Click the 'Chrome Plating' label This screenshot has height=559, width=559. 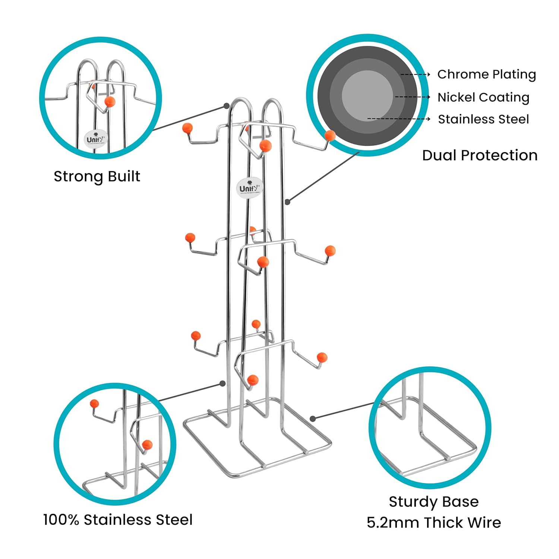click(x=486, y=75)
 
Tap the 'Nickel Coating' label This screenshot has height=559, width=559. click(x=483, y=97)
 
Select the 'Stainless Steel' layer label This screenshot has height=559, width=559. click(x=483, y=119)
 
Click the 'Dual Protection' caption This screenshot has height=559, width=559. click(x=480, y=155)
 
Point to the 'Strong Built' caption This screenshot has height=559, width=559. click(x=97, y=176)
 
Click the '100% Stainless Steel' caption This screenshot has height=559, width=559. click(x=118, y=519)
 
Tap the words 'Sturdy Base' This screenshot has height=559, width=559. click(x=434, y=502)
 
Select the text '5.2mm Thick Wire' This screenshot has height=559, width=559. click(x=434, y=522)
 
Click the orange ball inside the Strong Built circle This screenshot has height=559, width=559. click(x=110, y=101)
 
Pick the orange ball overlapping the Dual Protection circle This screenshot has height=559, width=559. click(x=330, y=135)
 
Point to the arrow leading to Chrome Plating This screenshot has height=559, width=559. click(x=415, y=75)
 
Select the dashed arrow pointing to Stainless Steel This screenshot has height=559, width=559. click(x=399, y=119)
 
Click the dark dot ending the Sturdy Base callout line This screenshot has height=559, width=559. click(x=313, y=419)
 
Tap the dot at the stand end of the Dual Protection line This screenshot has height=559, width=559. click(x=287, y=202)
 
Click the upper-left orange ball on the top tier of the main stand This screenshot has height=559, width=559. click(x=187, y=128)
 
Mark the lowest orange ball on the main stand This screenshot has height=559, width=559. click(x=253, y=380)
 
